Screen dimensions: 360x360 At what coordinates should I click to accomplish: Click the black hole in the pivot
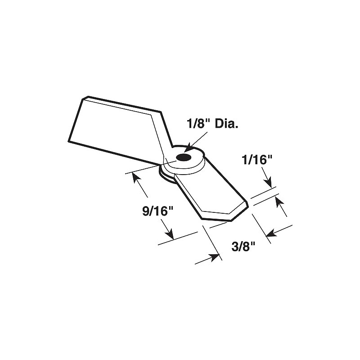(x=183, y=157)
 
